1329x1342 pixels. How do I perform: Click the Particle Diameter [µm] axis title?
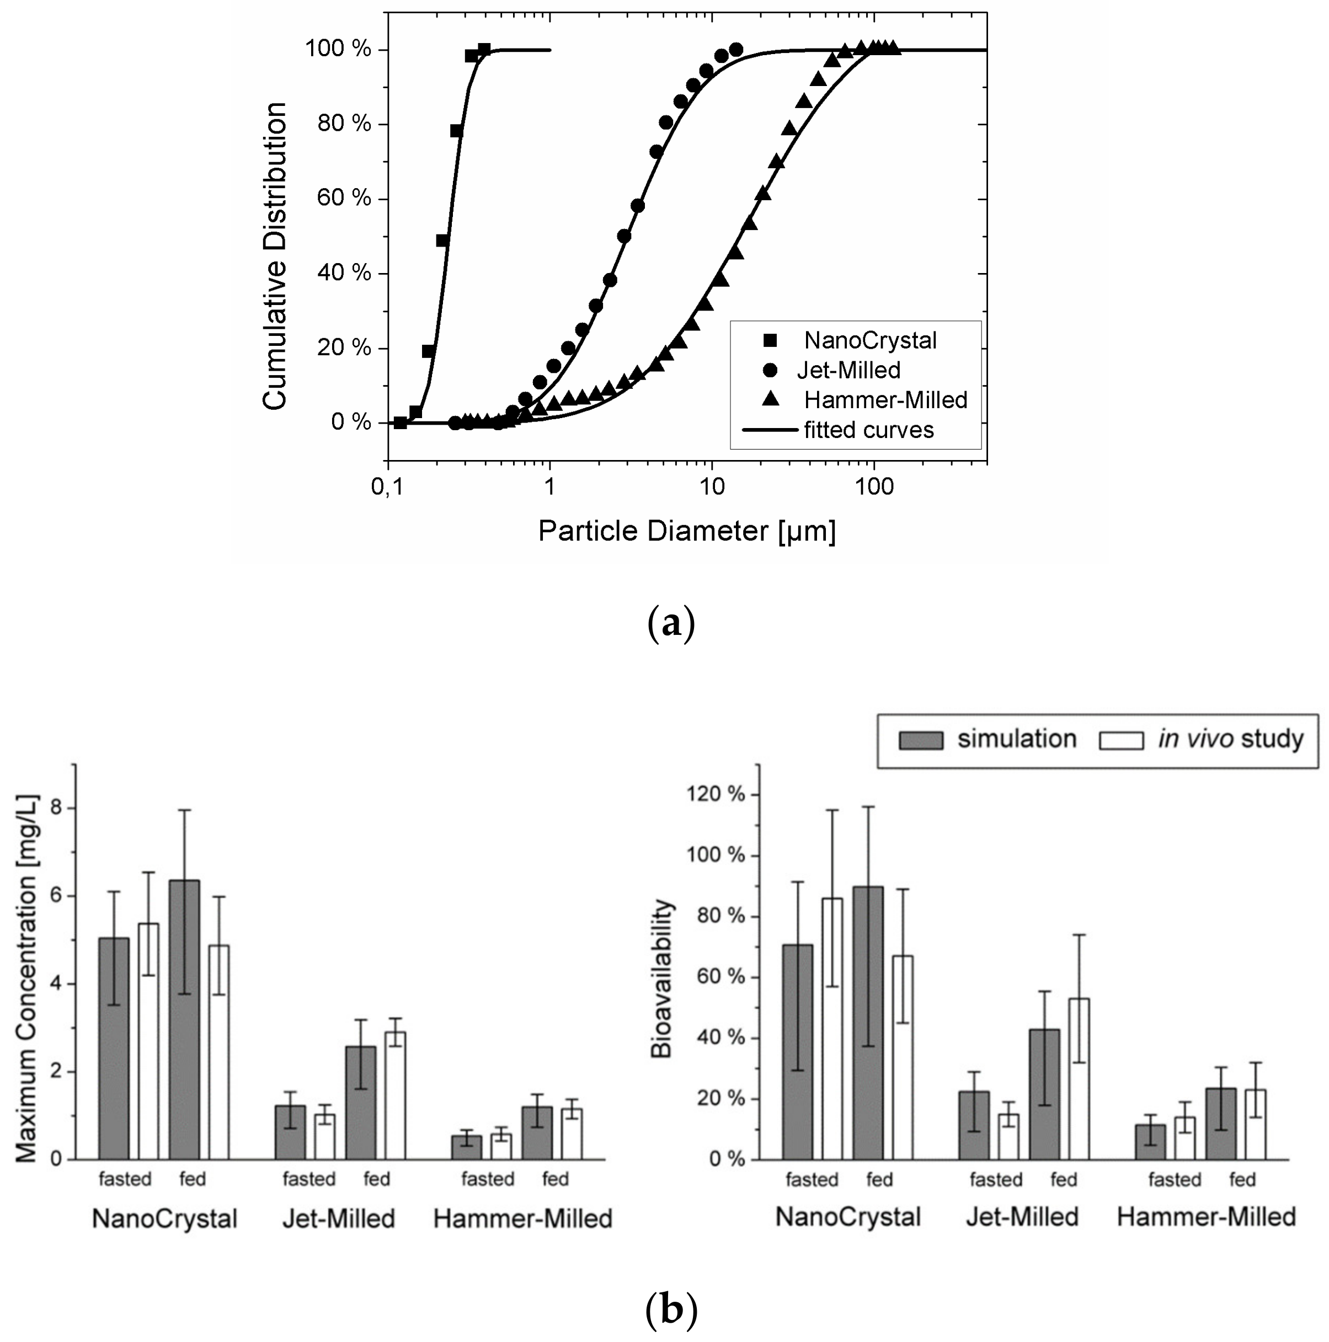(686, 531)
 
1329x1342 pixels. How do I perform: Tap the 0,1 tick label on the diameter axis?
(387, 487)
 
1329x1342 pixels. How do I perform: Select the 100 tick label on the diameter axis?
(873, 487)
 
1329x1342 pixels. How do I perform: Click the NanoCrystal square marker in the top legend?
(770, 340)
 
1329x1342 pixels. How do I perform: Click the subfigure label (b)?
(670, 1309)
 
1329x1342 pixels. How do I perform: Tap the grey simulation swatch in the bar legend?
(921, 740)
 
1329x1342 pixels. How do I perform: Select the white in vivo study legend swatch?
(1120, 740)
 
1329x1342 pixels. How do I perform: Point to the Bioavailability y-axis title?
(661, 980)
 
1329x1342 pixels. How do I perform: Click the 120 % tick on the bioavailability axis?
(716, 794)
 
